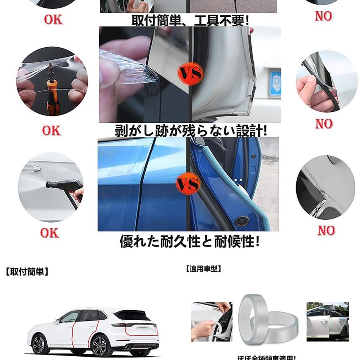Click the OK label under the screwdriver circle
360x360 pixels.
51,131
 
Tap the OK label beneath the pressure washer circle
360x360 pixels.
50,233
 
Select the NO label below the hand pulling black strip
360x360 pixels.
324,124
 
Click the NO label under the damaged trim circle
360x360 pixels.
326,230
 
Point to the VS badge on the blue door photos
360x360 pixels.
188,185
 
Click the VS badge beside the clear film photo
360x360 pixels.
190,74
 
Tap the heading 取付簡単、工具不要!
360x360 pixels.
190,20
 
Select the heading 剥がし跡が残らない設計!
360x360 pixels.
190,131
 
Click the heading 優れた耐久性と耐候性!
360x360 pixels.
190,242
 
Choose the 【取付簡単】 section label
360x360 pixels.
27,272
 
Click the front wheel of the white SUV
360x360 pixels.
38,345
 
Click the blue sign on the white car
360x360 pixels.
275,80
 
